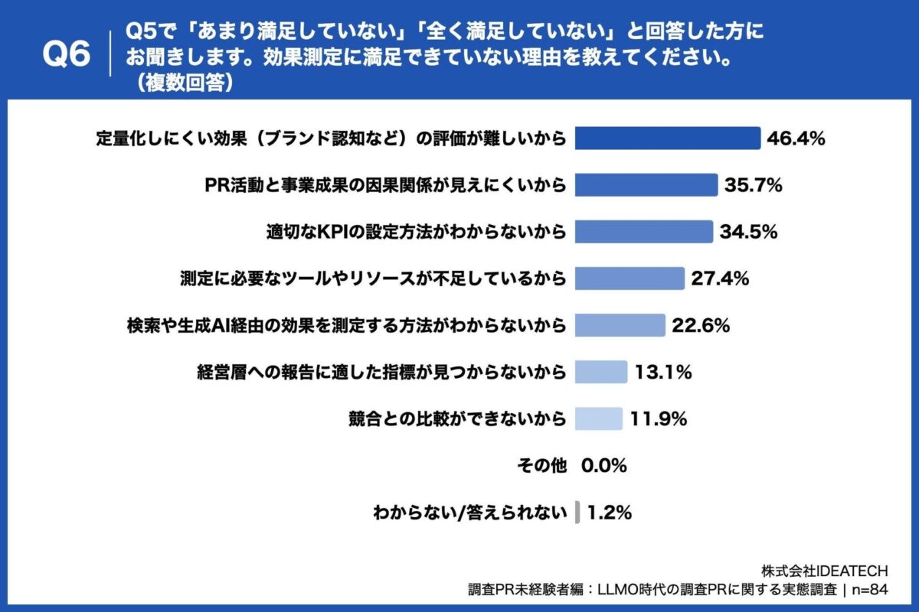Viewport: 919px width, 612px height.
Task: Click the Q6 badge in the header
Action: (66, 55)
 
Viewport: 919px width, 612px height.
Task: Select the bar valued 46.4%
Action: (667, 138)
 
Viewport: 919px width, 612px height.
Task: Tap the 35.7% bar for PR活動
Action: (646, 184)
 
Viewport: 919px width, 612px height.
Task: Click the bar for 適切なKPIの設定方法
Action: (643, 231)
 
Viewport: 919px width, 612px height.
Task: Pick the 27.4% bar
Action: (629, 278)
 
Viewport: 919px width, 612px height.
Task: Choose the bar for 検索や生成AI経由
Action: (620, 325)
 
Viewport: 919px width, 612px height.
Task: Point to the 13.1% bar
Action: (600, 372)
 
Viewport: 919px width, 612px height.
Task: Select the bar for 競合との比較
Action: (598, 418)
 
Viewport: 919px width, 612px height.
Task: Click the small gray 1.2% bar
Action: (577, 512)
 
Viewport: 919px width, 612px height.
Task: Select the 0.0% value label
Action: (604, 465)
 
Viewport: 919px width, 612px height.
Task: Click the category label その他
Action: (542, 465)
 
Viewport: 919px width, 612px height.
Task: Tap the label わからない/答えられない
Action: (469, 512)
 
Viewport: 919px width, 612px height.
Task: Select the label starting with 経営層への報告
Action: (381, 373)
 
